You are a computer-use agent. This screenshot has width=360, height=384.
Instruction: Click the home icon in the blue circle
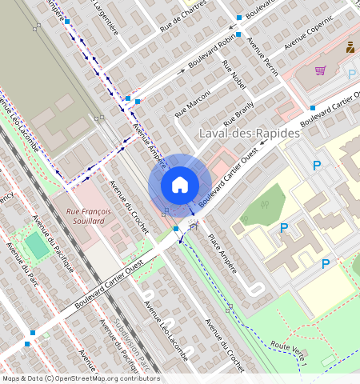point(180,185)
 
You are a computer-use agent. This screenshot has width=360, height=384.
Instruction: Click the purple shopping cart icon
point(320,70)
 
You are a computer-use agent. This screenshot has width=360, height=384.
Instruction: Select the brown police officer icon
point(350,47)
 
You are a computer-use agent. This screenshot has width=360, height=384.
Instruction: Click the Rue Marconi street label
point(192,106)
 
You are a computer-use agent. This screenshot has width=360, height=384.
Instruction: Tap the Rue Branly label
point(238,114)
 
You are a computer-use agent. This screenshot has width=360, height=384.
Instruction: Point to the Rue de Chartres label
point(183,17)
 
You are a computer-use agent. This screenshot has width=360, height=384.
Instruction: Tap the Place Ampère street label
point(222,254)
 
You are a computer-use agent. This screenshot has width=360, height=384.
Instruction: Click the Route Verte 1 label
point(289,352)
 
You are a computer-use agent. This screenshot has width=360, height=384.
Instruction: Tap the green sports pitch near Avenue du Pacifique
point(36,245)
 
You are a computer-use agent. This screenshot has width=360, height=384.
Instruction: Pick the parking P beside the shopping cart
point(351,74)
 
